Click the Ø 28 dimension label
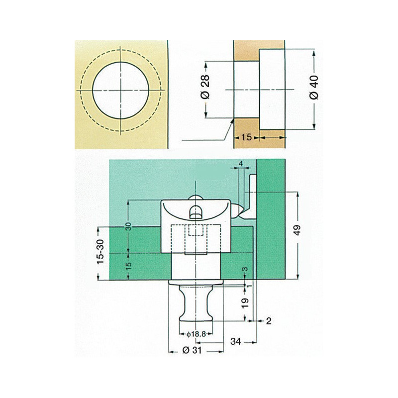[x=205, y=87]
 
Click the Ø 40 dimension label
[x=314, y=88]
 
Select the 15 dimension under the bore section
[x=246, y=137]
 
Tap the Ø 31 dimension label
[x=192, y=350]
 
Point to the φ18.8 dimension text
[x=196, y=334]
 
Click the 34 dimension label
[x=235, y=341]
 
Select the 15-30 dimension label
[x=100, y=251]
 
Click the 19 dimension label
[x=245, y=303]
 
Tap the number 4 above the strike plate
[x=241, y=164]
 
